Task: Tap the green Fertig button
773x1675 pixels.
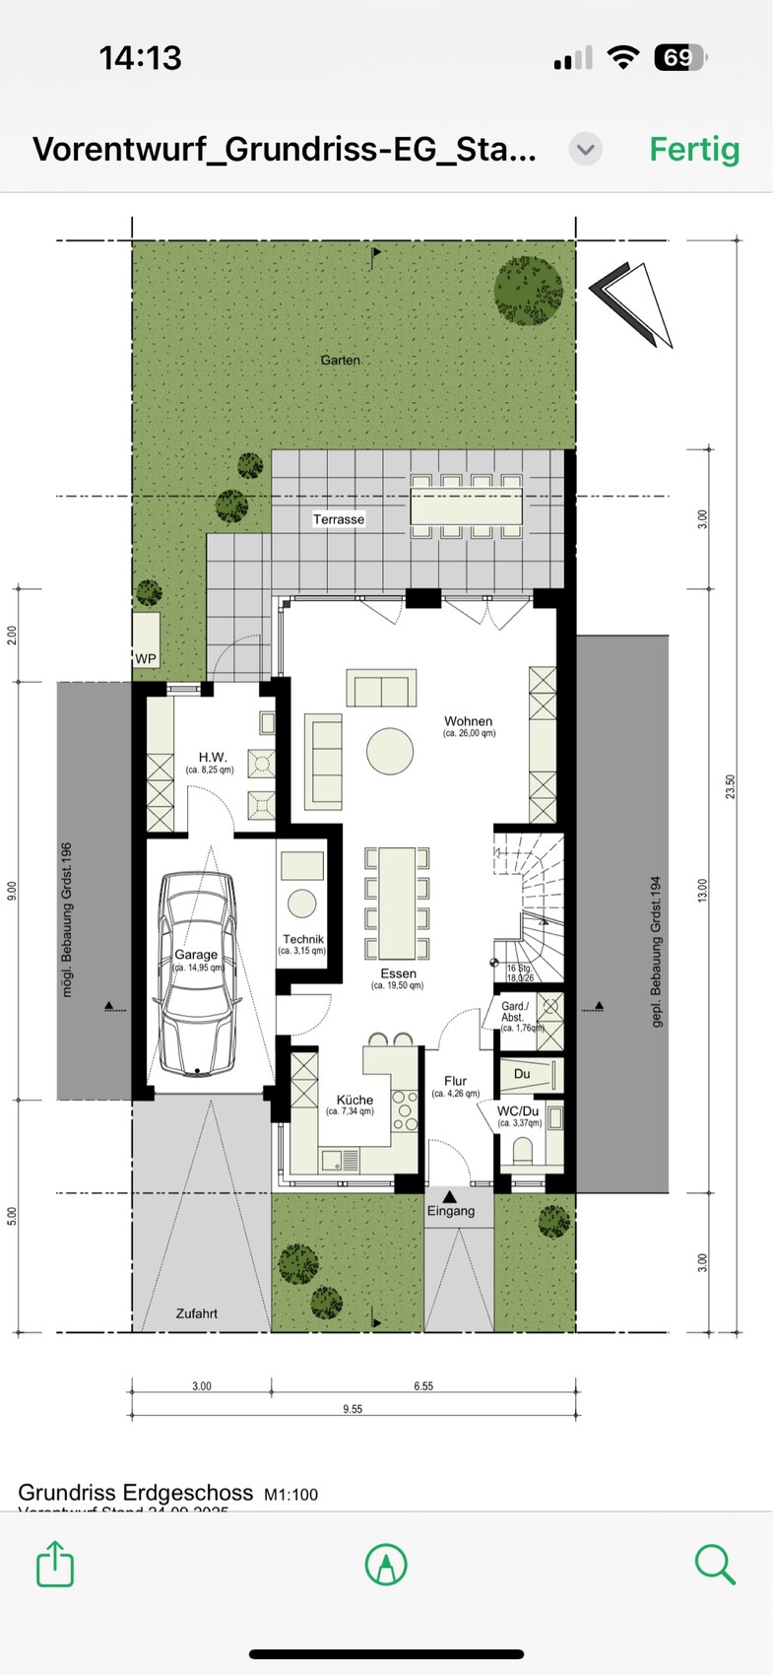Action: tap(694, 149)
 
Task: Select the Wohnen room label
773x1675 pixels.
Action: tap(468, 721)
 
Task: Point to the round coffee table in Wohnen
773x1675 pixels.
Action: tap(390, 752)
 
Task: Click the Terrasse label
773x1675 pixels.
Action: tap(339, 519)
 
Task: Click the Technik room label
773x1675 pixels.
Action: tap(302, 940)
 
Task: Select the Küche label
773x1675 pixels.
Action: tap(354, 1100)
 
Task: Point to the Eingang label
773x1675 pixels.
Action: tap(451, 1211)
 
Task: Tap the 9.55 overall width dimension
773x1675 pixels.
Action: tap(353, 1409)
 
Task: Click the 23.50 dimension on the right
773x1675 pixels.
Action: tap(731, 786)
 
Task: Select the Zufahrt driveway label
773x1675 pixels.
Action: tap(197, 1313)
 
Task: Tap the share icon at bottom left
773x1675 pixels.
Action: tap(55, 1564)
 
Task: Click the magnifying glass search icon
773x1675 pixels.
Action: tap(715, 1564)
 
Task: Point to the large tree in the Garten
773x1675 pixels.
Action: tap(529, 291)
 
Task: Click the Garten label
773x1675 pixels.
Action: tap(340, 361)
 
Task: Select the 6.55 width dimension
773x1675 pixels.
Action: tap(423, 1385)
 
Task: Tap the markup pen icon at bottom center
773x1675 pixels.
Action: tap(386, 1564)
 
